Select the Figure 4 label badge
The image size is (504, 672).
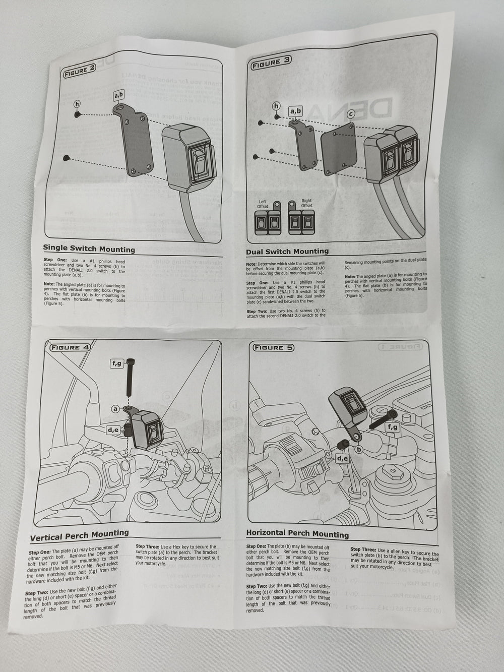(71, 347)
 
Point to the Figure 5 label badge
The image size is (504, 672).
(273, 347)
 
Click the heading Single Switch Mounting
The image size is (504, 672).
(89, 249)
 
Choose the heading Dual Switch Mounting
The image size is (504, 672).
(287, 251)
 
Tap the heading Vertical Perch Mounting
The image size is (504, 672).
(80, 535)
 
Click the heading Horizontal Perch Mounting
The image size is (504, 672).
(297, 533)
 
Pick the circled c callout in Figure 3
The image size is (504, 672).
(351, 114)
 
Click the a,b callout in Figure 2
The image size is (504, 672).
(118, 94)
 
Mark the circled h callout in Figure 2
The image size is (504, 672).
(77, 103)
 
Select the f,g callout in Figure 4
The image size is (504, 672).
(116, 362)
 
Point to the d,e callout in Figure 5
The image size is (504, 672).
(343, 458)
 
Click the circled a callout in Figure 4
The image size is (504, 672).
(115, 409)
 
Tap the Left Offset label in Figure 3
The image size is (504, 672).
(263, 204)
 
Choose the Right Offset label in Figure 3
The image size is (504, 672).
(306, 203)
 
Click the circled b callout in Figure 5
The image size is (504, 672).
(359, 448)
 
